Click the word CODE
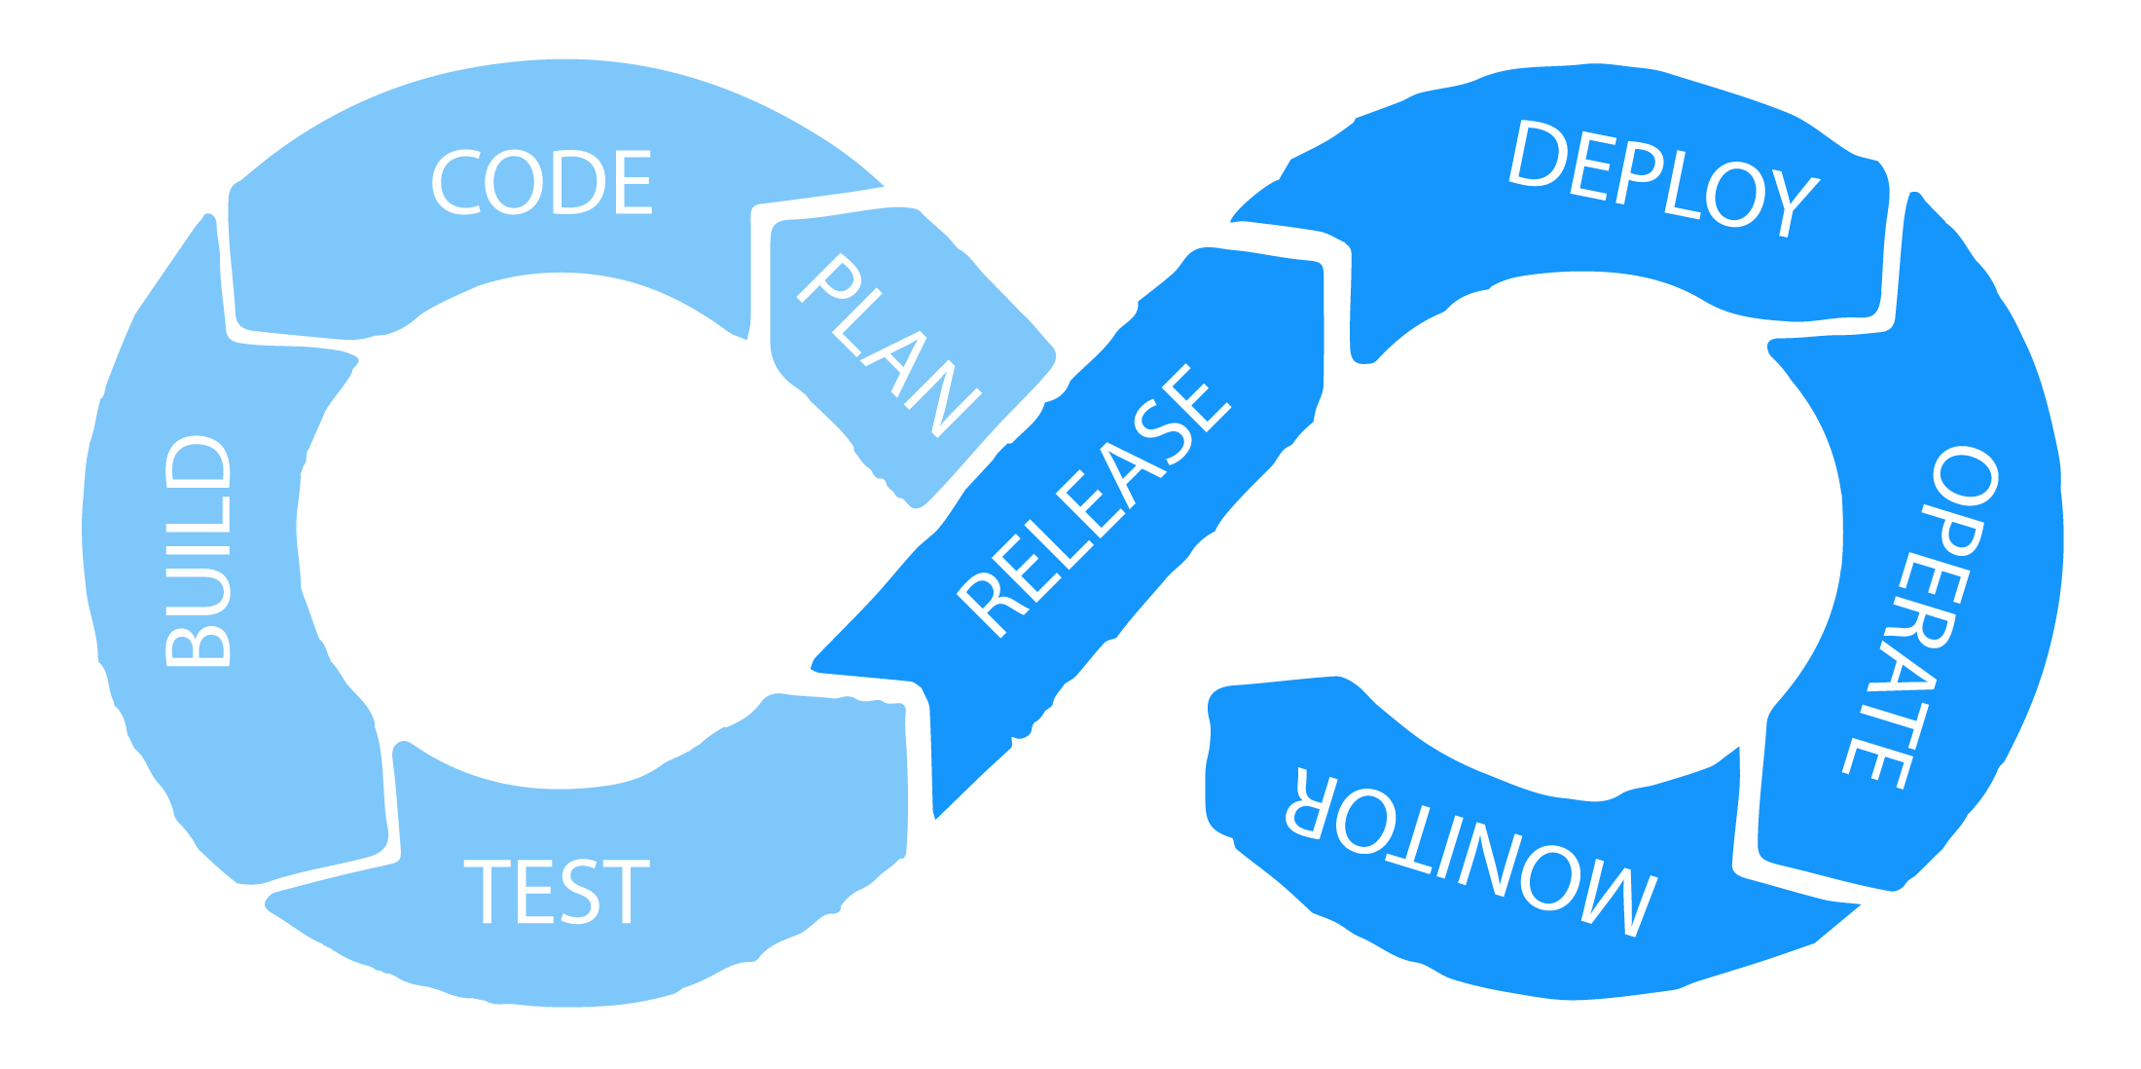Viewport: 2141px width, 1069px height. (541, 183)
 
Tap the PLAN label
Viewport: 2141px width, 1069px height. (889, 345)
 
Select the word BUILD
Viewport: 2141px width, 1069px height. (200, 551)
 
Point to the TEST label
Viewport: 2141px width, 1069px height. (556, 891)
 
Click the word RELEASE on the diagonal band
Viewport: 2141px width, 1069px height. (1095, 499)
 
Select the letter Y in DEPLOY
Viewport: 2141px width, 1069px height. (1790, 203)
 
